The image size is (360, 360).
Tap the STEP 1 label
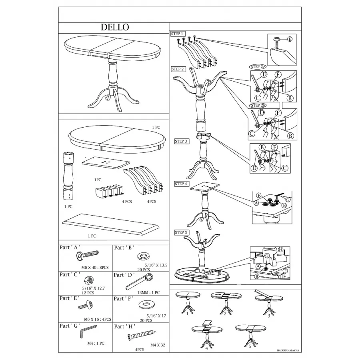pos(178,34)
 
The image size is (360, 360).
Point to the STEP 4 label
pos(181,184)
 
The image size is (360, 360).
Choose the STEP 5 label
pos(181,232)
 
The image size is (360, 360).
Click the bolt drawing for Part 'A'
pos(90,255)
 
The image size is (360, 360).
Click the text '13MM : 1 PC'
pos(148,292)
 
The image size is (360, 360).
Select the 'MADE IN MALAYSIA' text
pos(288,350)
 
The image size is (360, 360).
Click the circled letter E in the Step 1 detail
pos(290,39)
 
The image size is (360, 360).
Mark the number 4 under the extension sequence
pos(206,348)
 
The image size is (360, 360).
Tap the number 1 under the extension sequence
pos(186,314)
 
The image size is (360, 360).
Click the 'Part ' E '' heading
pos(70,298)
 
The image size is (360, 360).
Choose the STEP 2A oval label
pos(258,66)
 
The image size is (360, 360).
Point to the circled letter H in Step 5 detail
pos(280,250)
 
